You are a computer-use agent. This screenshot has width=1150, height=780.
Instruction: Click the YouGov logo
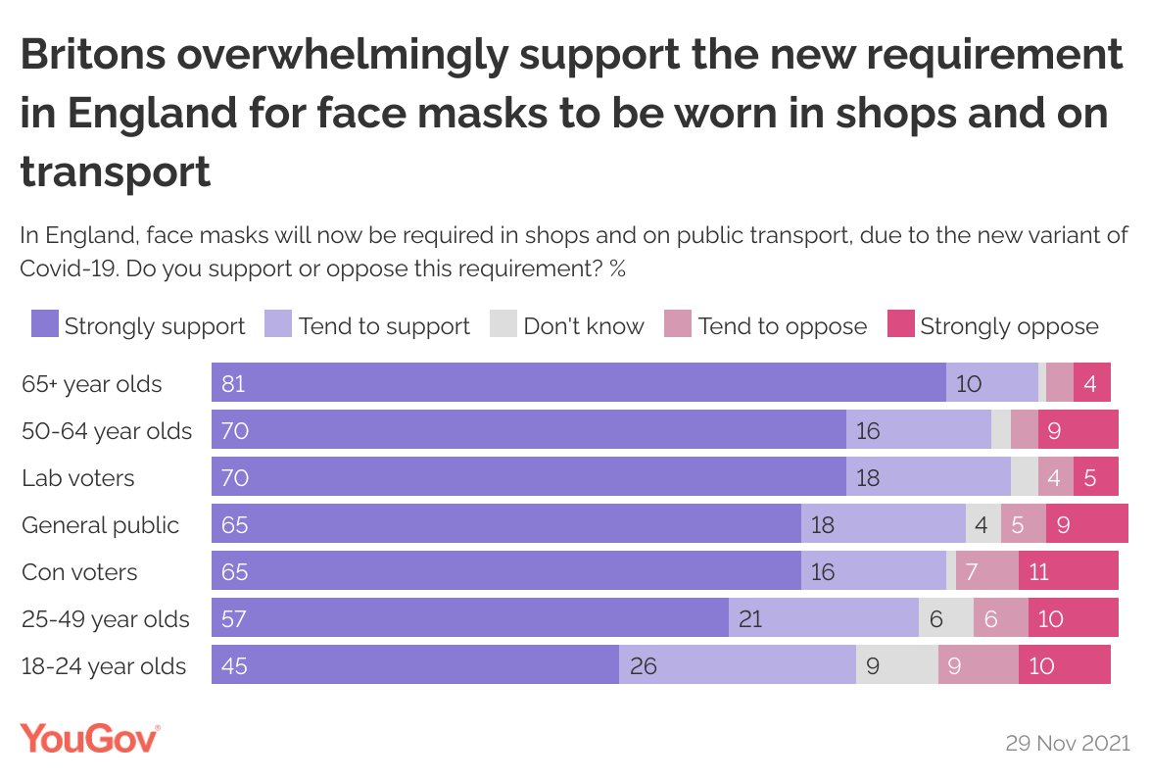[x=90, y=738]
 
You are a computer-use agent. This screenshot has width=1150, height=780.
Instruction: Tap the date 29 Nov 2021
[x=1067, y=743]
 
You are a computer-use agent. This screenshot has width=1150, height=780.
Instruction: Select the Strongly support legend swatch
[x=45, y=325]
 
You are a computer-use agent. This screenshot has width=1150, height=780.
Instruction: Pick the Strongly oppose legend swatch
[x=900, y=325]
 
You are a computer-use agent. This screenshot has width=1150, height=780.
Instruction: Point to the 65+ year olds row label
[x=92, y=384]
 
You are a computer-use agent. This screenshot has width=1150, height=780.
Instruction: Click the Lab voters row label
[x=78, y=478]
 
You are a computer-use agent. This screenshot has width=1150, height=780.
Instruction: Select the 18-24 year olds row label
[x=104, y=666]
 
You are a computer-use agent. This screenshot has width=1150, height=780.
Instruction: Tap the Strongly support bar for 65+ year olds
[x=578, y=382]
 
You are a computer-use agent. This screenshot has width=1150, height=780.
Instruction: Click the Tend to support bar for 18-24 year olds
[x=737, y=664]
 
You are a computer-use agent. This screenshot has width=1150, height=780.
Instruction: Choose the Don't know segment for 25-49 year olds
[x=945, y=617]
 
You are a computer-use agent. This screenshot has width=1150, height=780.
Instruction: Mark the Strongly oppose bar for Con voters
[x=1068, y=570]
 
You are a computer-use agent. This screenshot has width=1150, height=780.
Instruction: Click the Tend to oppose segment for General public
[x=1023, y=523]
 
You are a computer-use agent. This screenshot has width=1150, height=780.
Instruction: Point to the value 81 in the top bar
[x=233, y=383]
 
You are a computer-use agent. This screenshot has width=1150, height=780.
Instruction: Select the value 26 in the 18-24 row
[x=643, y=666]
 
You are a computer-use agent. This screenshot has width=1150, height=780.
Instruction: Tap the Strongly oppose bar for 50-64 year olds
[x=1078, y=429]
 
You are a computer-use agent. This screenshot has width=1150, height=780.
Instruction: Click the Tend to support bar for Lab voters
[x=928, y=476]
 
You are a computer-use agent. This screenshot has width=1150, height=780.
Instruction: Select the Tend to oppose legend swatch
[x=678, y=325]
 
